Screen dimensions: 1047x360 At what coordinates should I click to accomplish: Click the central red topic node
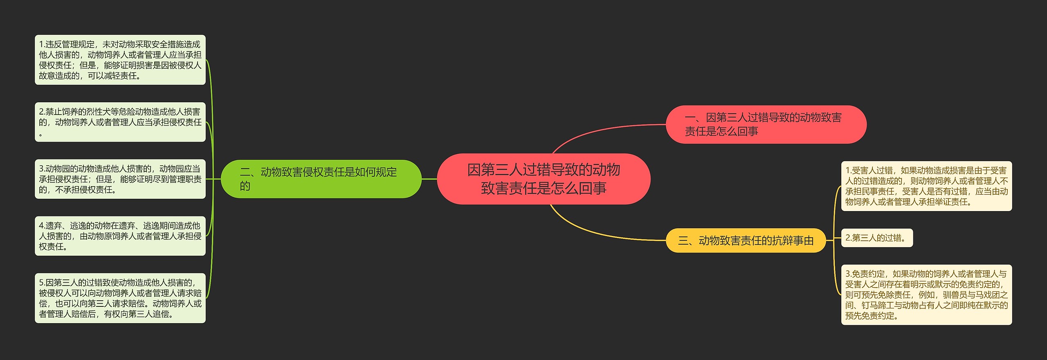tap(543, 179)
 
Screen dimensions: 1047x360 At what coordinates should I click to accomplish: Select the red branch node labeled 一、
tap(766, 124)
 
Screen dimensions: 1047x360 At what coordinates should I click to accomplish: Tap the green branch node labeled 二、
tap(321, 179)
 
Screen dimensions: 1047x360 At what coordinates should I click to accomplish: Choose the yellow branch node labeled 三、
tap(746, 241)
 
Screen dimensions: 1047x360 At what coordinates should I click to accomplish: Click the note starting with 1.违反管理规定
tap(120, 60)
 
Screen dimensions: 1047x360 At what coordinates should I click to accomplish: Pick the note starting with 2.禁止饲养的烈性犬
tap(120, 122)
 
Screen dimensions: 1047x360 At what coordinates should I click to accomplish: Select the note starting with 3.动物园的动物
tap(120, 179)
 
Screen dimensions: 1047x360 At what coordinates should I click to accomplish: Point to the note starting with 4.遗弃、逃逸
tap(120, 236)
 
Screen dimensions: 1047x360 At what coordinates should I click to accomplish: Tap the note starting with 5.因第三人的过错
tap(120, 298)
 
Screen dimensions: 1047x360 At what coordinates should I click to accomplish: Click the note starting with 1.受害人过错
tap(926, 186)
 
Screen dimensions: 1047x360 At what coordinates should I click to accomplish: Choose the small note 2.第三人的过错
tap(876, 238)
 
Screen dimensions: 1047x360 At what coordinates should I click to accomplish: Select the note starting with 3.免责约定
tap(926, 295)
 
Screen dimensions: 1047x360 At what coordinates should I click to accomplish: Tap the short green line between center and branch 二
tap(429, 179)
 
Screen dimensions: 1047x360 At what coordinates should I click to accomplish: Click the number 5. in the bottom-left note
tap(42, 283)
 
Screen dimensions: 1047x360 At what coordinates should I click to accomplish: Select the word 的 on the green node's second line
tap(245, 186)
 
